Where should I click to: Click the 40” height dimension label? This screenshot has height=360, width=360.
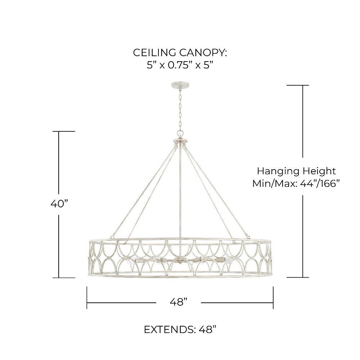(x=59, y=204)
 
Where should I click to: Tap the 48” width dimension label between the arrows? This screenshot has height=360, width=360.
(x=179, y=302)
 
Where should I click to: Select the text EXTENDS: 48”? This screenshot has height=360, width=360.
(x=180, y=329)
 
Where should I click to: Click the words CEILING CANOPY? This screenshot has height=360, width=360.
(x=180, y=53)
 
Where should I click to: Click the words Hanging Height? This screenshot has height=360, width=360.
(x=296, y=171)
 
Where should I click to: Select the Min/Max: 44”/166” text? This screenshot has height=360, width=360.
(x=296, y=184)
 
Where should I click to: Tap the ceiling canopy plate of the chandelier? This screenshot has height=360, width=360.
(x=179, y=85)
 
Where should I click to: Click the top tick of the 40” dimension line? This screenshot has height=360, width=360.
(x=67, y=131)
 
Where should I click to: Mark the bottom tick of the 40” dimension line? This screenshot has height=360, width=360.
(x=67, y=278)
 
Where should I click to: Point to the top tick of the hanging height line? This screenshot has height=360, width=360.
(x=297, y=85)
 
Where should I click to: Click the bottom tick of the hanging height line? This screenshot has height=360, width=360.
(x=297, y=277)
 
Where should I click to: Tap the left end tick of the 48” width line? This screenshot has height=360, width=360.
(x=87, y=297)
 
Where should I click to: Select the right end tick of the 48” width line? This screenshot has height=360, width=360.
(x=273, y=297)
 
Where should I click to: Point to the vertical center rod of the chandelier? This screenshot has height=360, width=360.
(x=179, y=194)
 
